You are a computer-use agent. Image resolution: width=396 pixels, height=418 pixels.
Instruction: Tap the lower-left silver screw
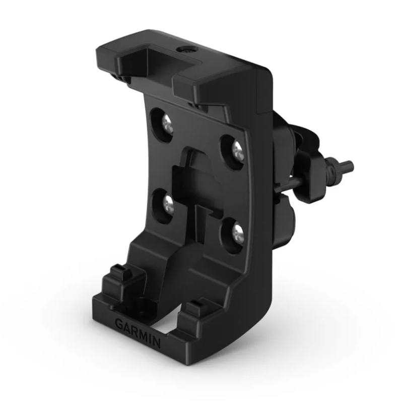168,203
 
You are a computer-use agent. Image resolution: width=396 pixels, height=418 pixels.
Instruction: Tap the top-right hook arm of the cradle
202,86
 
